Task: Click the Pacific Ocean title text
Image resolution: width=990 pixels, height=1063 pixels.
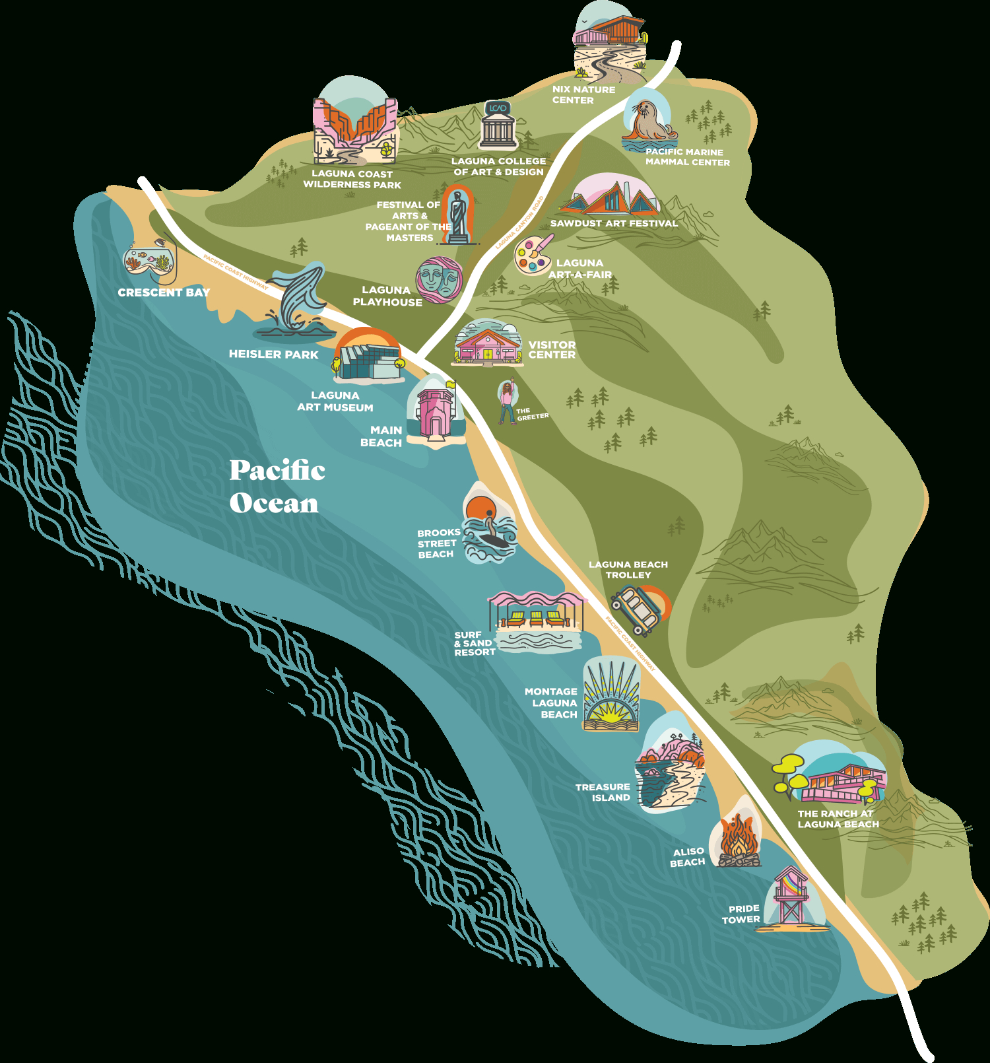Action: (277, 487)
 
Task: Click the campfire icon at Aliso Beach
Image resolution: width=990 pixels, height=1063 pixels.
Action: (738, 840)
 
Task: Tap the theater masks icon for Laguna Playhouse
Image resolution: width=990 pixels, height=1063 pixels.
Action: (439, 279)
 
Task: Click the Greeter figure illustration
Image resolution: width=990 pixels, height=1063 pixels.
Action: (507, 401)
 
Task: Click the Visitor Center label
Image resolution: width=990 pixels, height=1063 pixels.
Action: (552, 350)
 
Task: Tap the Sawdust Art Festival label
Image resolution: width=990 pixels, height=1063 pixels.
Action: (614, 223)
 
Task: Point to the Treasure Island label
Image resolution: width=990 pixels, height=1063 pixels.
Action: (603, 792)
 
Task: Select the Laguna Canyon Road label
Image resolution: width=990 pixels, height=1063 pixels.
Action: (520, 222)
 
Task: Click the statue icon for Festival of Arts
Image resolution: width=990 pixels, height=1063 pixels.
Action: (458, 215)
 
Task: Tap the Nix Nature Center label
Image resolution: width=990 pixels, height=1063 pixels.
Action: (583, 94)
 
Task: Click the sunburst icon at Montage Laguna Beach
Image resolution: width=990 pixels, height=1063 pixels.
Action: (610, 699)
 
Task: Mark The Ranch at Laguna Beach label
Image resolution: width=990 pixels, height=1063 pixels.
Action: (838, 819)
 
